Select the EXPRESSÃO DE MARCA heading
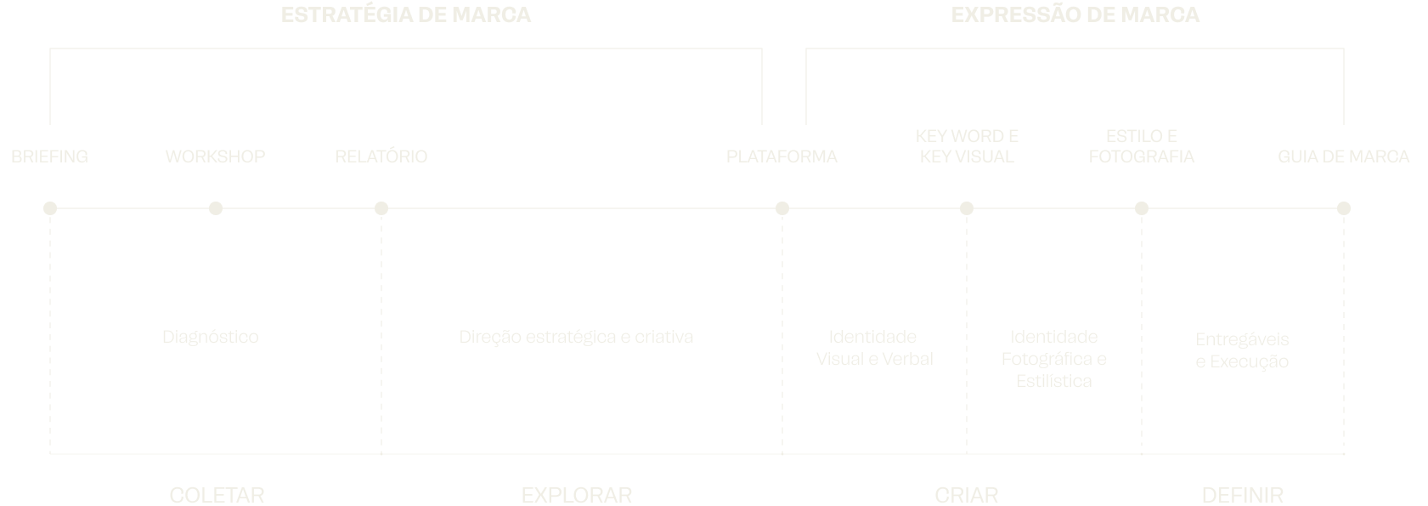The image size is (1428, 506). coord(1075,15)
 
